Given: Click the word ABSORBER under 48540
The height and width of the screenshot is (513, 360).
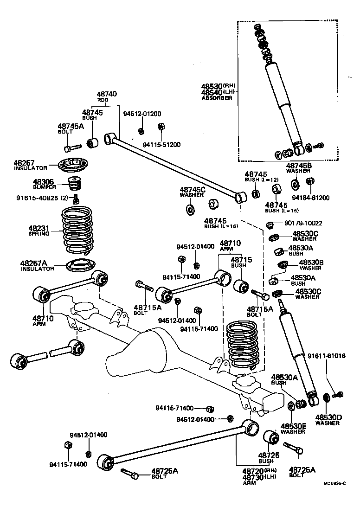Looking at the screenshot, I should (216, 98).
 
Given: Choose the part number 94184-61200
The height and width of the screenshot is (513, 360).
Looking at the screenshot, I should (311, 198).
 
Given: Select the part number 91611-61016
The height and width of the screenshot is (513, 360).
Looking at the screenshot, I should (326, 356).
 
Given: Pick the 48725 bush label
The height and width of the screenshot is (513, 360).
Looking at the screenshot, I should (269, 455).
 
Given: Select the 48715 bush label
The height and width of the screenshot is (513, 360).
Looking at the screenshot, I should (241, 260).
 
